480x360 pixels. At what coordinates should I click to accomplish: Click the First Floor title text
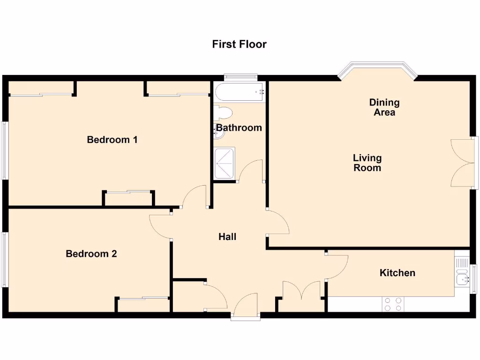pyautogui.click(x=239, y=44)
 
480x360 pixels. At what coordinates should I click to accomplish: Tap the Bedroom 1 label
pyautogui.click(x=112, y=140)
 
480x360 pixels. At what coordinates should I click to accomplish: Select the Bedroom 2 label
pyautogui.click(x=91, y=254)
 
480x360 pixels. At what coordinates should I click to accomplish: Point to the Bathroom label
pyautogui.click(x=239, y=127)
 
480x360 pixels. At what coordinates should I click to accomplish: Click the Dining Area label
pyautogui.click(x=384, y=107)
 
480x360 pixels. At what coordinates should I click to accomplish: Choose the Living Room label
pyautogui.click(x=367, y=163)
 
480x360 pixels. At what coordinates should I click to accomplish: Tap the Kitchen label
pyautogui.click(x=397, y=272)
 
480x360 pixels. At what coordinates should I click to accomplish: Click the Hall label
pyautogui.click(x=227, y=237)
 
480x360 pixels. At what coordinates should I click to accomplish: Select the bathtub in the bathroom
pyautogui.click(x=239, y=92)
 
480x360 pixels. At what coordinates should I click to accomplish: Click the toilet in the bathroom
pyautogui.click(x=223, y=113)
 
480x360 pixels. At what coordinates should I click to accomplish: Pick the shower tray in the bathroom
pyautogui.click(x=225, y=163)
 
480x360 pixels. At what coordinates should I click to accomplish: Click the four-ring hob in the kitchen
pyautogui.click(x=393, y=304)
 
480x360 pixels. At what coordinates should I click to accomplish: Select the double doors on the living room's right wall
pyautogui.click(x=463, y=163)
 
